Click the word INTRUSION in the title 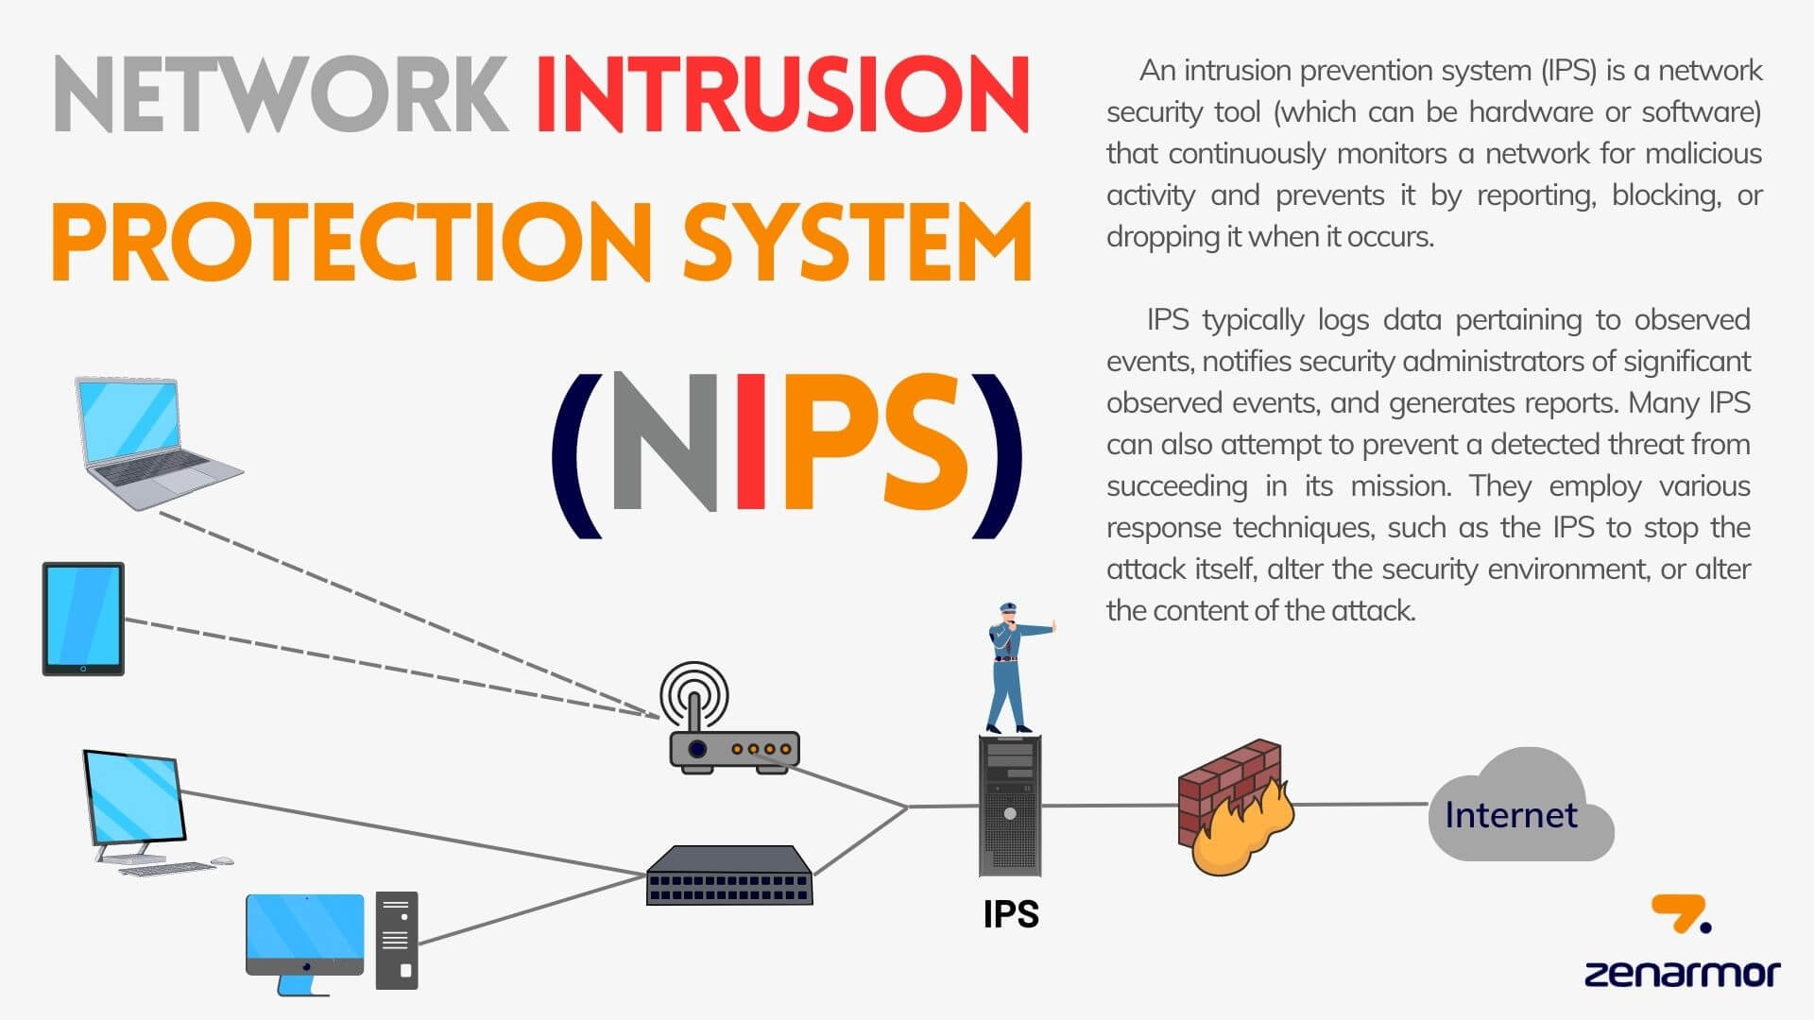pos(782,94)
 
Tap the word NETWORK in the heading pos(282,94)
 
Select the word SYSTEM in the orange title pos(857,242)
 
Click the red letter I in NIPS pos(750,442)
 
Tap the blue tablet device pos(83,619)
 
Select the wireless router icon pos(732,718)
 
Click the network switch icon pos(728,875)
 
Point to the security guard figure pos(1014,668)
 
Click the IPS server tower pos(1010,806)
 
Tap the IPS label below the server pos(1010,914)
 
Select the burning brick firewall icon pos(1235,807)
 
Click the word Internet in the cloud pos(1511,815)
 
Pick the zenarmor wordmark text pos(1682,974)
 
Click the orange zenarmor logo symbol pos(1680,913)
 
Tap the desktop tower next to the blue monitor pos(397,941)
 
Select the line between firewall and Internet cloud pos(1360,805)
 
